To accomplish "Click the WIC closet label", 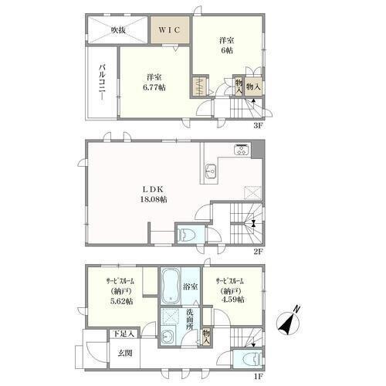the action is click(169, 30).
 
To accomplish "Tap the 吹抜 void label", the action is click(118, 30).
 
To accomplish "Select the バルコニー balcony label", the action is click(103, 84).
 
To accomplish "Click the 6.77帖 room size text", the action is click(154, 87).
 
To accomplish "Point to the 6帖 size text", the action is click(226, 50).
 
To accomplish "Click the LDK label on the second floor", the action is click(153, 189).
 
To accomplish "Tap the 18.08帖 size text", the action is click(154, 199).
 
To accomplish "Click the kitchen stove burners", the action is click(242, 150).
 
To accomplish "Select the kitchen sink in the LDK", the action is click(211, 171).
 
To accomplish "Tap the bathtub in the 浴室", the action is click(170, 286).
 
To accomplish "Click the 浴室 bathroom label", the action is click(190, 286).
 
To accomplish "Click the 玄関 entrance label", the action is click(125, 353).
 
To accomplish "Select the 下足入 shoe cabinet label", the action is click(124, 334).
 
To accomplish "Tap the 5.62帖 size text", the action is click(121, 301).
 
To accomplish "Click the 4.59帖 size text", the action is click(232, 300).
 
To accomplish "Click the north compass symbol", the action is click(288, 322).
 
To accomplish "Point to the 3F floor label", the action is click(258, 126).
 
